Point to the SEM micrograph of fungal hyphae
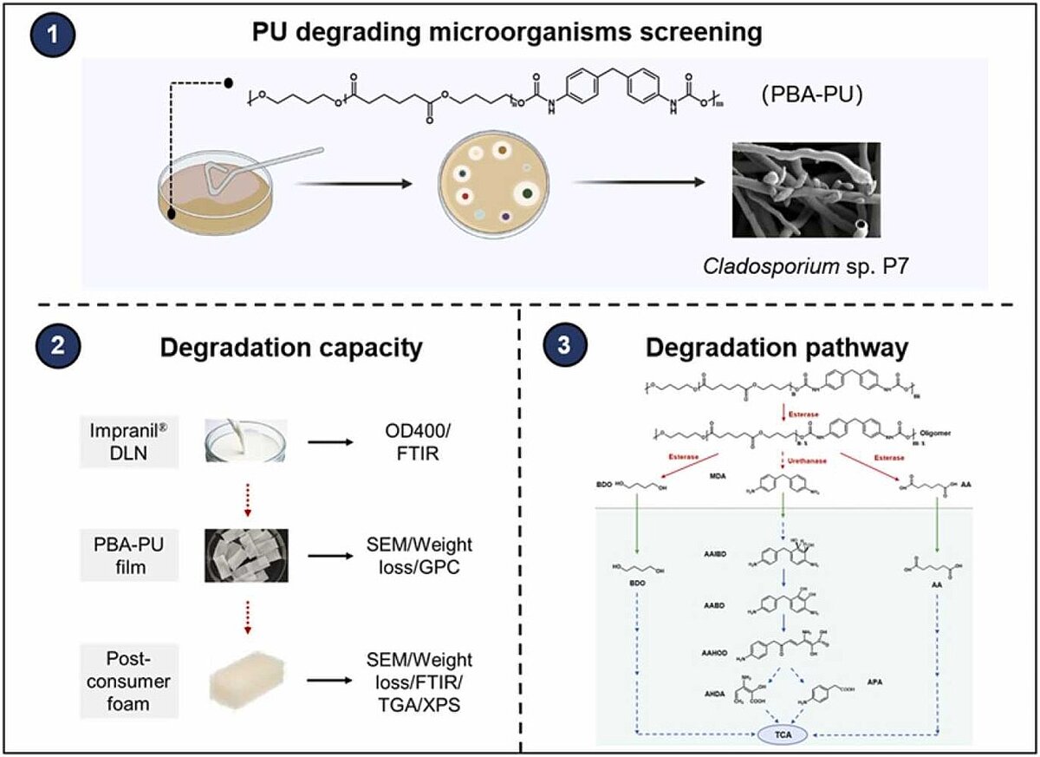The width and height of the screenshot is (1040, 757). point(805,190)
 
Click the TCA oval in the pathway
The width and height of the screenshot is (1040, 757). point(781,734)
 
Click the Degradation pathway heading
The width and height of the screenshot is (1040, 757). point(777,348)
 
